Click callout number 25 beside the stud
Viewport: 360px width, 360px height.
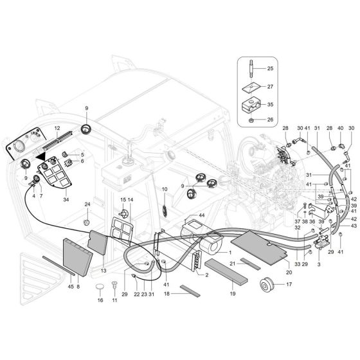(270, 68)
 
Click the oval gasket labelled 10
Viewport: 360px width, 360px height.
(164, 208)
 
